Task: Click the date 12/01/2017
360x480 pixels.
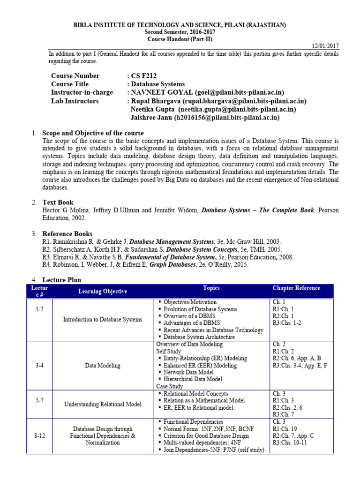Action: [x=325, y=46]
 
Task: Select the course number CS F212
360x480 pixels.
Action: [x=146, y=76]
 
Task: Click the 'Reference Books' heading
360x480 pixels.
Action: [x=67, y=234]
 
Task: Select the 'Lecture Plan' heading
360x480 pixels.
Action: [x=61, y=280]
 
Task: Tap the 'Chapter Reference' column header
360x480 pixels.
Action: [x=296, y=288]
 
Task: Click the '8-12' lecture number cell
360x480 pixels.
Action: [x=40, y=435]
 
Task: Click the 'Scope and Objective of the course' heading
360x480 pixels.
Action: [x=93, y=133]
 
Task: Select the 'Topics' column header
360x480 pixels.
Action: [x=211, y=288]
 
